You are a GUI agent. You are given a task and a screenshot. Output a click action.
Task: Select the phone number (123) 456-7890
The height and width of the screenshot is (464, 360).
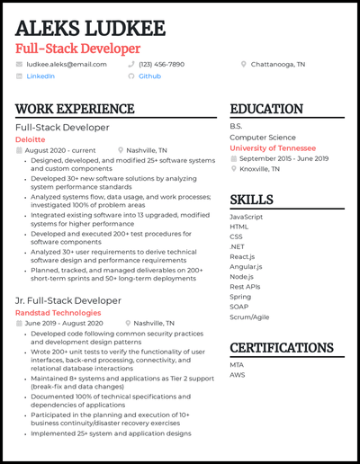click(161, 65)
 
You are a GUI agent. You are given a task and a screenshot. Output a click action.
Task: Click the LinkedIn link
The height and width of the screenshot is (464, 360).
click(40, 76)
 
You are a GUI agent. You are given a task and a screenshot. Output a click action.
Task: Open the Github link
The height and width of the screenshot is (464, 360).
click(149, 76)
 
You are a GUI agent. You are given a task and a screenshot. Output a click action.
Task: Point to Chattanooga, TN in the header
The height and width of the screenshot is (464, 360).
click(278, 65)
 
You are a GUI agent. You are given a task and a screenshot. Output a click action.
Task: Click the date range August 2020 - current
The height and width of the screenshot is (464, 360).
click(60, 151)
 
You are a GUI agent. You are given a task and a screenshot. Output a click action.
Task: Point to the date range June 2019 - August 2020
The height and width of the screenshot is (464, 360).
click(64, 323)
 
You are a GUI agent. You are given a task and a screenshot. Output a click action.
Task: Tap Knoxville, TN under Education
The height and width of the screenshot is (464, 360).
click(259, 169)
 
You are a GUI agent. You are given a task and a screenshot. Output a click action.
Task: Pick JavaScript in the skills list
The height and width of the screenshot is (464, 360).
click(247, 218)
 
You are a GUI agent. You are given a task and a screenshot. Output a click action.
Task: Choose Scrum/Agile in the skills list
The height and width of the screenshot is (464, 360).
click(248, 317)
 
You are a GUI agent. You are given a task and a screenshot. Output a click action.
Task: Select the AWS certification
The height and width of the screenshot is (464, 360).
click(238, 376)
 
